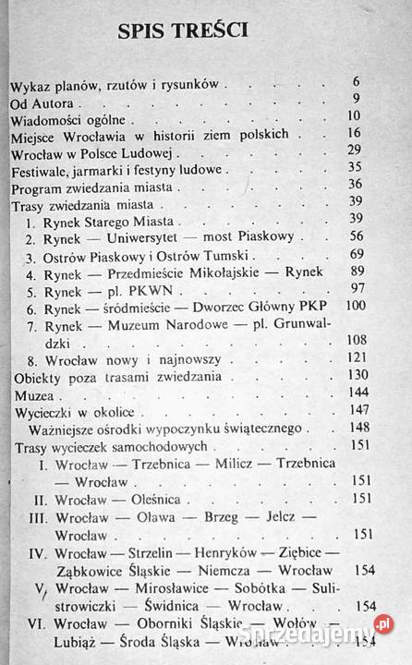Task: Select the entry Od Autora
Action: [x=42, y=101]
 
